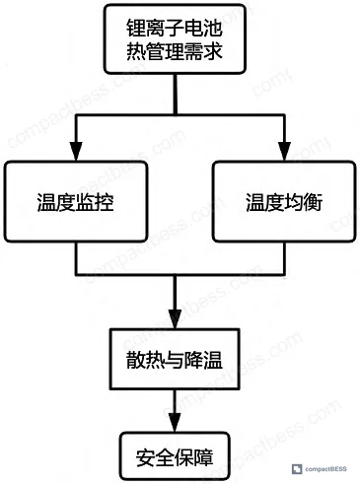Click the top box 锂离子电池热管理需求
[175, 39]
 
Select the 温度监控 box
[76, 202]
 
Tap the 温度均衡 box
[284, 202]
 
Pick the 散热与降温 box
[175, 359]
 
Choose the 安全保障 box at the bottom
[175, 456]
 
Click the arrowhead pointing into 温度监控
[76, 152]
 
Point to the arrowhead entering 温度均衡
[284, 152]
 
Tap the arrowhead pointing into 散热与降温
[175, 319]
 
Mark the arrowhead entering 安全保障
[175, 422]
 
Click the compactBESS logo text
[325, 469]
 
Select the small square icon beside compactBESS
[297, 469]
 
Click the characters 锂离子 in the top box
[155, 28]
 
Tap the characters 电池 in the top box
[203, 28]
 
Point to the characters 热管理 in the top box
[155, 51]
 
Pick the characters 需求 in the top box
[203, 51]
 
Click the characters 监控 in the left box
[95, 202]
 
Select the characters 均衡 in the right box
[303, 202]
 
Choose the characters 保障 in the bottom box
[193, 457]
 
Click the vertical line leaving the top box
[176, 95]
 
